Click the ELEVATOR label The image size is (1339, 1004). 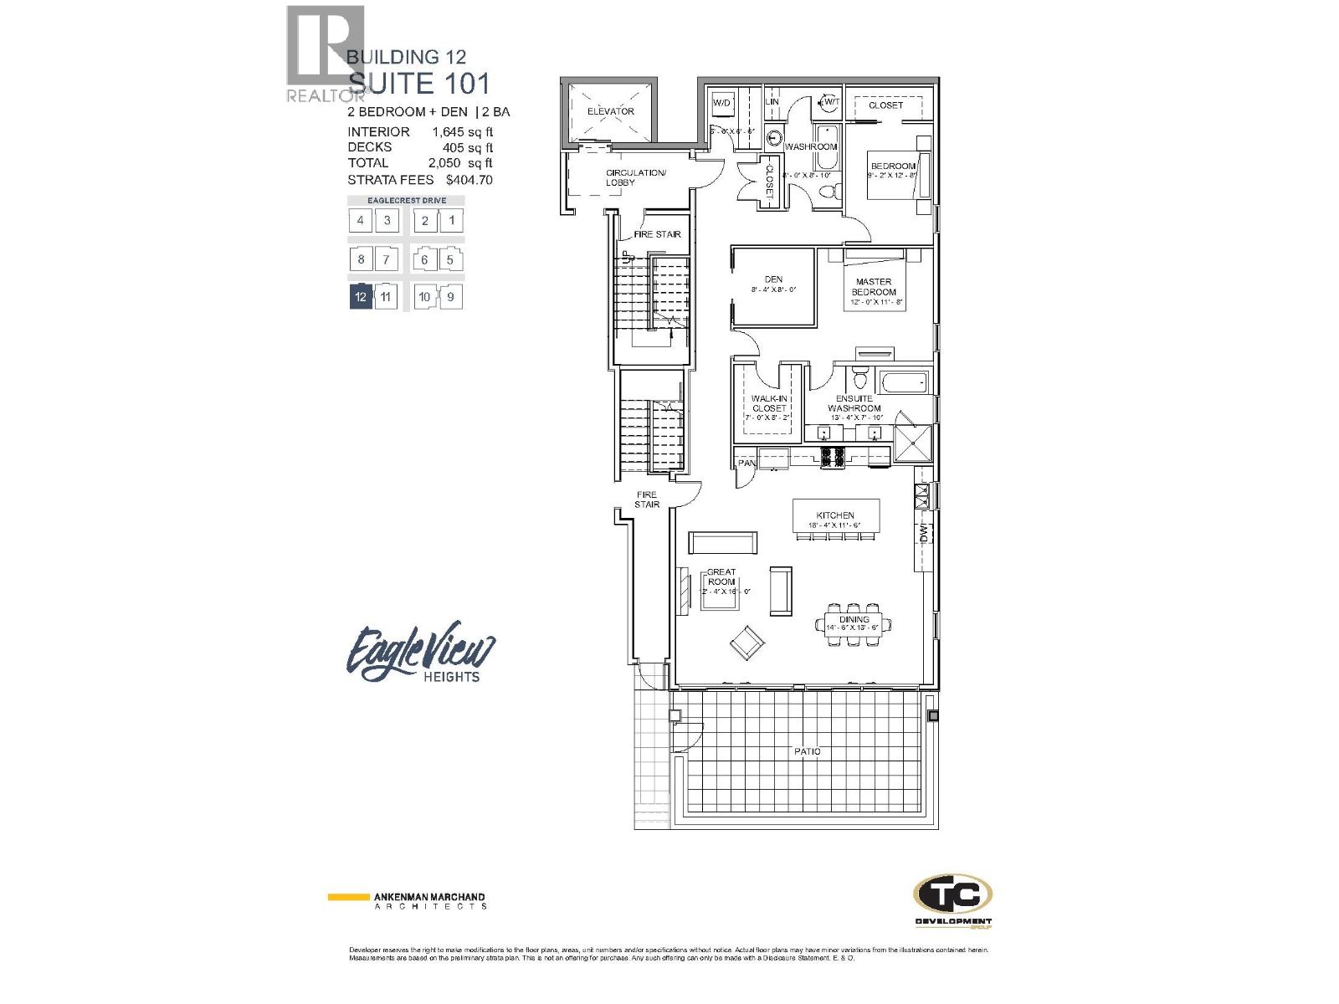pyautogui.click(x=610, y=111)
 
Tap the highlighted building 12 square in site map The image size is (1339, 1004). pyautogui.click(x=361, y=296)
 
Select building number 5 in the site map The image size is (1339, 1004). pyautogui.click(x=450, y=259)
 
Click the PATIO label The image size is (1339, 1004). pyautogui.click(x=807, y=751)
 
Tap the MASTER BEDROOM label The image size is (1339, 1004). pyautogui.click(x=874, y=287)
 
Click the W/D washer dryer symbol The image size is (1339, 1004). pyautogui.click(x=721, y=103)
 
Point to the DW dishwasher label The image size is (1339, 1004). pyautogui.click(x=924, y=533)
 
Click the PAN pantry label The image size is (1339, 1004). pyautogui.click(x=745, y=462)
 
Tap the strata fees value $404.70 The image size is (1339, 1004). pyautogui.click(x=469, y=179)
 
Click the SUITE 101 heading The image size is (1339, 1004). pyautogui.click(x=418, y=83)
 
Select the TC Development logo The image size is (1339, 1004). pyautogui.click(x=952, y=899)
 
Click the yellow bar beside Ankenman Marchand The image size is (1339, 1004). pyautogui.click(x=348, y=897)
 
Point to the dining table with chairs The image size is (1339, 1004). pyautogui.click(x=854, y=624)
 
